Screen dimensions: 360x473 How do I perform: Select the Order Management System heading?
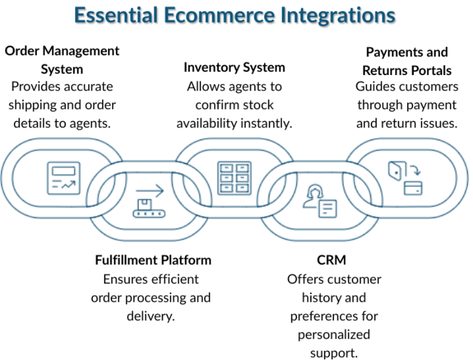click(62, 60)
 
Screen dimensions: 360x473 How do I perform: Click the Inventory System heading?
click(234, 67)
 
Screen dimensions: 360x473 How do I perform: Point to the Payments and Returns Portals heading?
click(407, 61)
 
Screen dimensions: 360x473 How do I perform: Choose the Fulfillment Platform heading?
click(153, 260)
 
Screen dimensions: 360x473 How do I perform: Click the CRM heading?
click(332, 260)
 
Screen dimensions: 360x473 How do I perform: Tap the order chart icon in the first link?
click(63, 179)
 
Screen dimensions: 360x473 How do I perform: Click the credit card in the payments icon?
click(413, 188)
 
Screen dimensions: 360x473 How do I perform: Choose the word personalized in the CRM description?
click(334, 335)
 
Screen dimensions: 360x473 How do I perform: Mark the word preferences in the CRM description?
click(334, 316)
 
